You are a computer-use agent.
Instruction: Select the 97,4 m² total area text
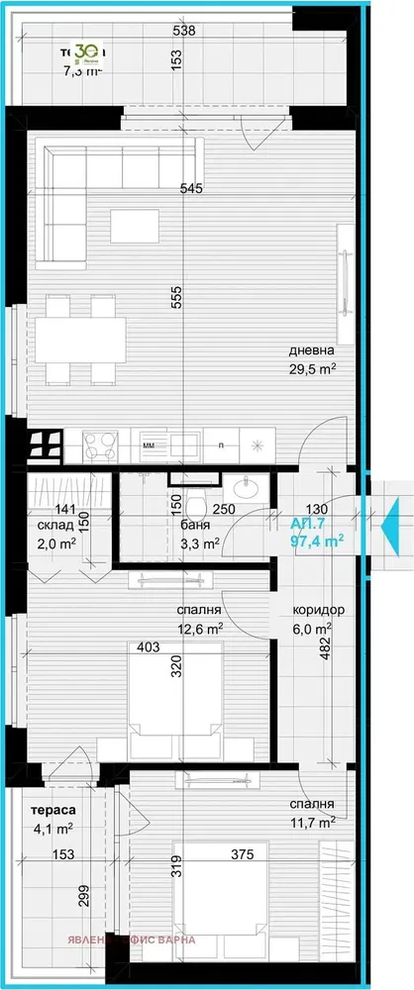317,541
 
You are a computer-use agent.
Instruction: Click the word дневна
312,350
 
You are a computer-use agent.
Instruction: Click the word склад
54,525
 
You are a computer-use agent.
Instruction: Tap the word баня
194,525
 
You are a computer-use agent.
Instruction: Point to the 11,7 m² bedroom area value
312,821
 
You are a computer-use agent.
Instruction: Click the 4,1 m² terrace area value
49,831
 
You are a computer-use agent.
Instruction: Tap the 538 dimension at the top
183,31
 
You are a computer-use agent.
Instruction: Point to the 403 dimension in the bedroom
147,648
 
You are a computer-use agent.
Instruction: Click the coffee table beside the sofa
134,226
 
